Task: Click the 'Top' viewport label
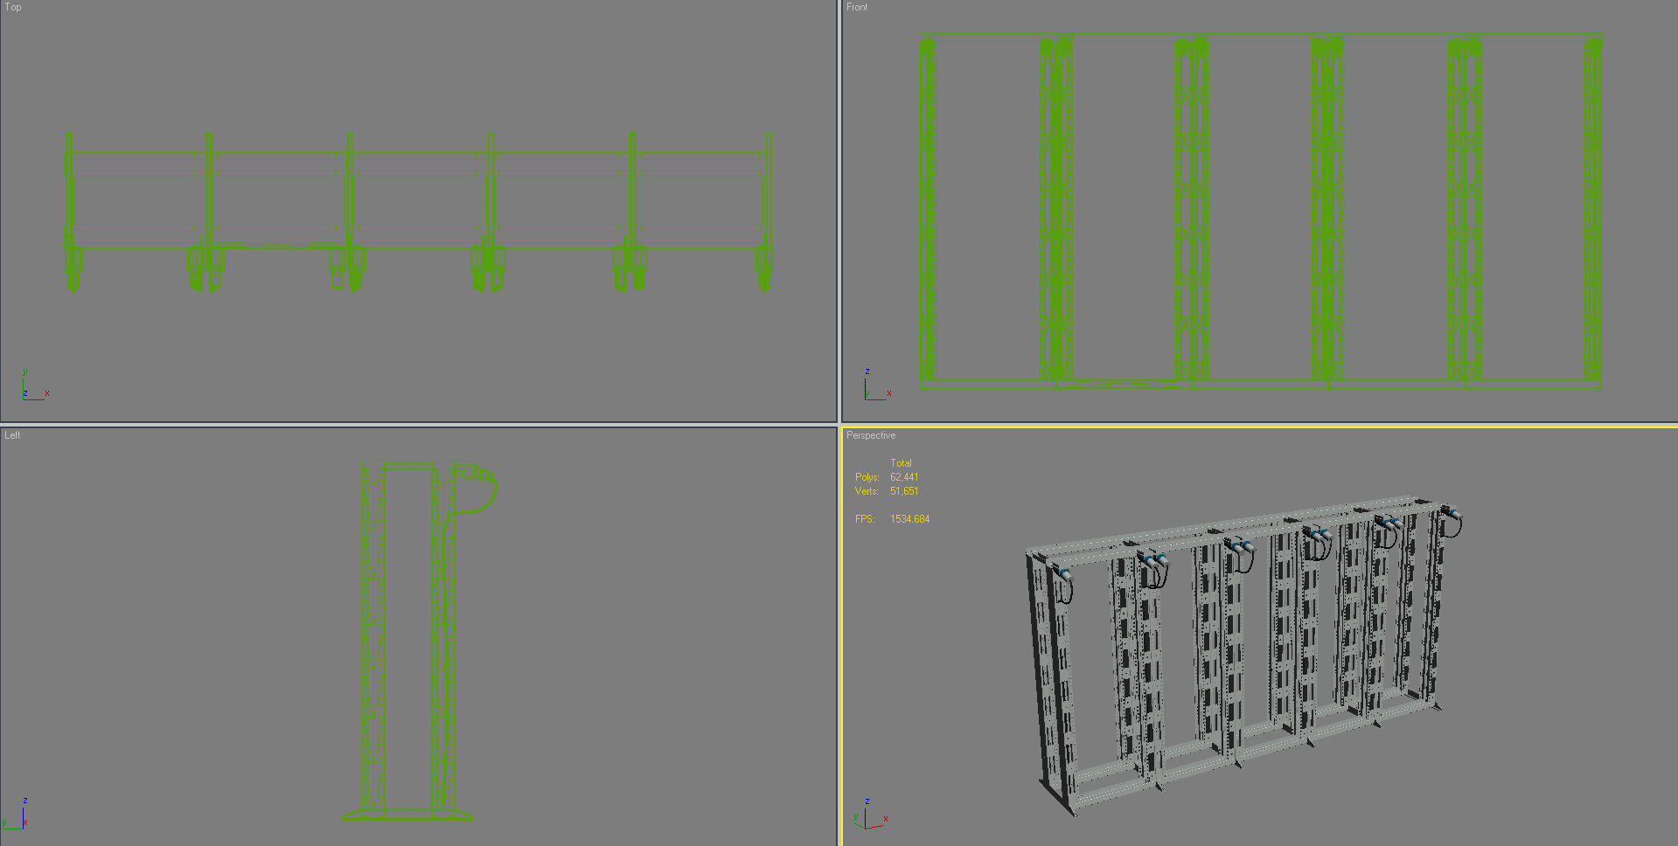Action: click(x=13, y=7)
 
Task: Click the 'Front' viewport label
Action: click(x=857, y=7)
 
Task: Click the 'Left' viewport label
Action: click(x=12, y=435)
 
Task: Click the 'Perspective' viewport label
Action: click(x=871, y=435)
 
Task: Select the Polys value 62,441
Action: click(x=904, y=477)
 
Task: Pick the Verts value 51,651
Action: click(x=904, y=491)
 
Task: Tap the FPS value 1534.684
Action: click(x=909, y=519)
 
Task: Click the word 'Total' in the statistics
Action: click(x=901, y=463)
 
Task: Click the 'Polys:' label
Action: click(x=867, y=477)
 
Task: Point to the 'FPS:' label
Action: click(x=865, y=519)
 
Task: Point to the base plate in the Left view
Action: click(x=407, y=815)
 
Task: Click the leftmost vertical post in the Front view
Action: click(x=928, y=210)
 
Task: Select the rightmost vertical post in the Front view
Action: click(x=1593, y=210)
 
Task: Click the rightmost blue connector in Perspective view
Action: click(x=1449, y=512)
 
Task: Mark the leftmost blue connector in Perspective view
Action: click(x=1064, y=575)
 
